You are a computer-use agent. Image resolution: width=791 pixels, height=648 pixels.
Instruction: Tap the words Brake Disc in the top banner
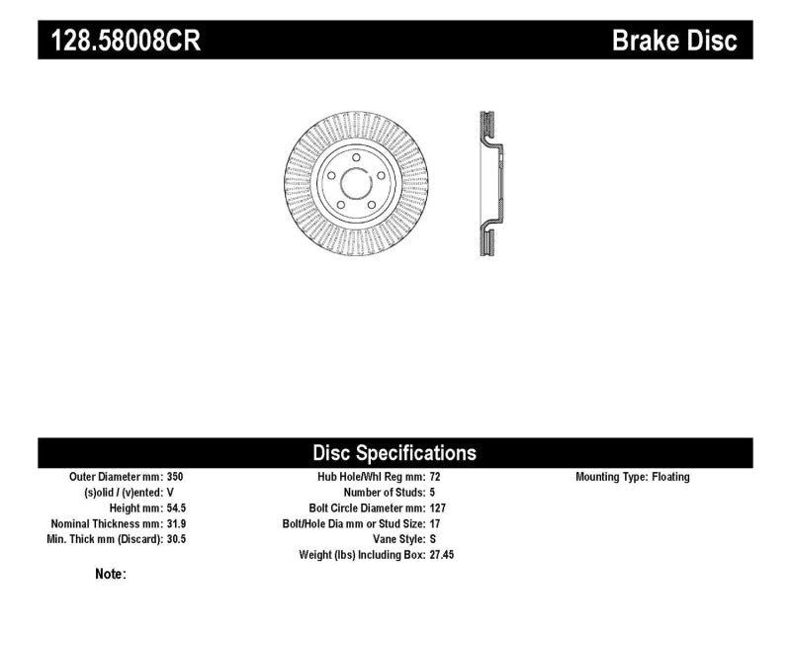[674, 40]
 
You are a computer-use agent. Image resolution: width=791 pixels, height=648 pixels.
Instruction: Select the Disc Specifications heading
[395, 453]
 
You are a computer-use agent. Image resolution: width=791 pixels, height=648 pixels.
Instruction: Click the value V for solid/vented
[172, 493]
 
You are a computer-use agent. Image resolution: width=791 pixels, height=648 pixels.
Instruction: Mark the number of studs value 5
[433, 493]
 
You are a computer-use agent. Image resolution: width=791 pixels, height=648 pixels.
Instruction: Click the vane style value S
[433, 539]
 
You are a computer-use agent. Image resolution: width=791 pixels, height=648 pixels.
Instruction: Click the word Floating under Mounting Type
[670, 477]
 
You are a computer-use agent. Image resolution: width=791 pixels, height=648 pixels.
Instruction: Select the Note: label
[110, 574]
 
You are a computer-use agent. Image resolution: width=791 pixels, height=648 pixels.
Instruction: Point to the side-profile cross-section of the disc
[487, 185]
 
